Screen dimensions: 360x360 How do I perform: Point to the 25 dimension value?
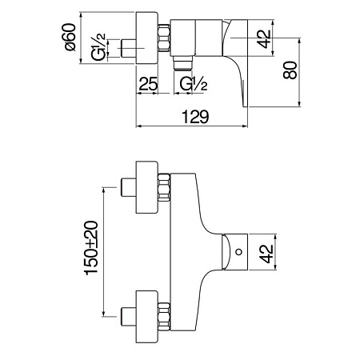(x=148, y=83)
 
